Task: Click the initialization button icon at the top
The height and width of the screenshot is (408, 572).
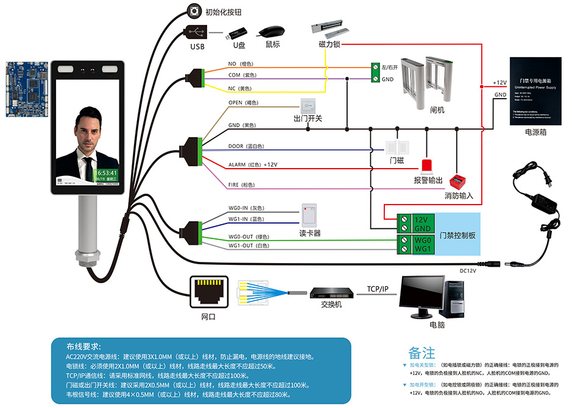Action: tap(196, 11)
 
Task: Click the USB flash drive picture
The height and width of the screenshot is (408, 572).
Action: tap(238, 32)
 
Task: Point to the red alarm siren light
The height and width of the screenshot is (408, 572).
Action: tap(426, 166)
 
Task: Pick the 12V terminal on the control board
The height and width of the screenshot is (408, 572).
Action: tap(422, 219)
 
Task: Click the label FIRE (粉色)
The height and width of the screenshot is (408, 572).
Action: tap(241, 185)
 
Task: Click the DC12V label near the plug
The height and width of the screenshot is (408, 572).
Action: tap(468, 270)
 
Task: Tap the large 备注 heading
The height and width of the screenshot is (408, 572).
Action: tap(422, 353)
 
